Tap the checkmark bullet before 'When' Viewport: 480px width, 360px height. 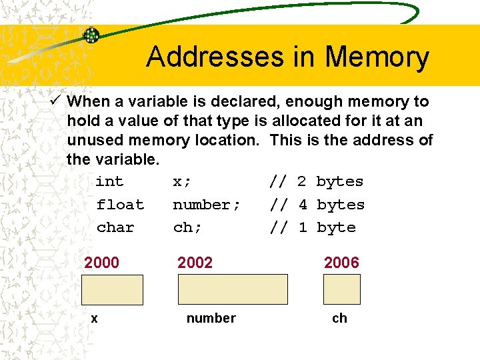click(x=56, y=101)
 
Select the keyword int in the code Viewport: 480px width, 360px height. click(x=109, y=181)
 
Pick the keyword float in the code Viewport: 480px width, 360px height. click(x=120, y=205)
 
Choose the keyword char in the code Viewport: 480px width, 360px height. click(x=115, y=227)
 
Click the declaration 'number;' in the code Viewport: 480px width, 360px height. click(x=207, y=205)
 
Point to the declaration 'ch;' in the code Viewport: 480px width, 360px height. click(x=187, y=227)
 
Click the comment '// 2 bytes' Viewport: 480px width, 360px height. click(x=317, y=181)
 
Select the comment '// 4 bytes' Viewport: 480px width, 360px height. click(x=317, y=205)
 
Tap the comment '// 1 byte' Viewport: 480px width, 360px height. click(x=313, y=227)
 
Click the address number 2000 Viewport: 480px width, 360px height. click(x=101, y=263)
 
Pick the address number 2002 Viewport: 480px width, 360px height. click(x=195, y=263)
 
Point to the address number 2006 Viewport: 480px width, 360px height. click(x=341, y=263)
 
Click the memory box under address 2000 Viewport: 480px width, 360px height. click(x=113, y=289)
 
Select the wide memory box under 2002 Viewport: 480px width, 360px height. click(x=233, y=289)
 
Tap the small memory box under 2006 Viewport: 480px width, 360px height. click(x=341, y=289)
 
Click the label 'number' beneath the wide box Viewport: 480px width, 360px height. click(x=211, y=319)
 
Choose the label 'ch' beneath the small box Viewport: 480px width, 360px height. click(x=339, y=319)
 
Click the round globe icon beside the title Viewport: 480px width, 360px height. click(x=91, y=35)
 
